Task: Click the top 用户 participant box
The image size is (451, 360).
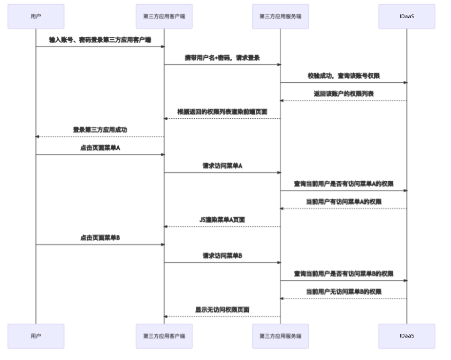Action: click(x=36, y=17)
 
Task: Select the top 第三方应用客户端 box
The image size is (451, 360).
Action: click(x=164, y=17)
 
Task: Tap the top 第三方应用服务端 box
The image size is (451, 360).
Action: click(x=280, y=17)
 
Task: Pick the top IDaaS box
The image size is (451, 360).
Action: click(x=407, y=17)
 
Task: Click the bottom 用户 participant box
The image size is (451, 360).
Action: click(x=36, y=336)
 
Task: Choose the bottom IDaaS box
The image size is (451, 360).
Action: click(x=407, y=336)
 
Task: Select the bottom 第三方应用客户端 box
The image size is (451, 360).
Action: click(x=164, y=336)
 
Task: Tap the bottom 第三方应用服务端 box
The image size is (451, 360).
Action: click(x=280, y=336)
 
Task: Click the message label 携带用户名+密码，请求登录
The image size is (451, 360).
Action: click(x=222, y=58)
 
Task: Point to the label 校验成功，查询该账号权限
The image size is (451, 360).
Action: click(x=343, y=76)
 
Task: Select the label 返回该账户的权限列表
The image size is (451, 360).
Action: click(x=343, y=94)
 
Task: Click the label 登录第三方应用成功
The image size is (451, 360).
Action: click(x=100, y=129)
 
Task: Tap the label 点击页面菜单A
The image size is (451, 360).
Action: click(x=100, y=148)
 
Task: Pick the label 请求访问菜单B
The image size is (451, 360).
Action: click(x=222, y=256)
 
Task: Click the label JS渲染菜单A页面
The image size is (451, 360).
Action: click(x=222, y=219)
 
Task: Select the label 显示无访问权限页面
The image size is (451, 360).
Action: click(x=222, y=310)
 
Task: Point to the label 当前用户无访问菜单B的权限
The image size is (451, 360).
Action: click(x=343, y=292)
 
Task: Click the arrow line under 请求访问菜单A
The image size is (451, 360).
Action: click(x=222, y=172)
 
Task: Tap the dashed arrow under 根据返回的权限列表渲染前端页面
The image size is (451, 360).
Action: click(x=222, y=118)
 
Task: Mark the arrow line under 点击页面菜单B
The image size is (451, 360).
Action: click(x=100, y=244)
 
